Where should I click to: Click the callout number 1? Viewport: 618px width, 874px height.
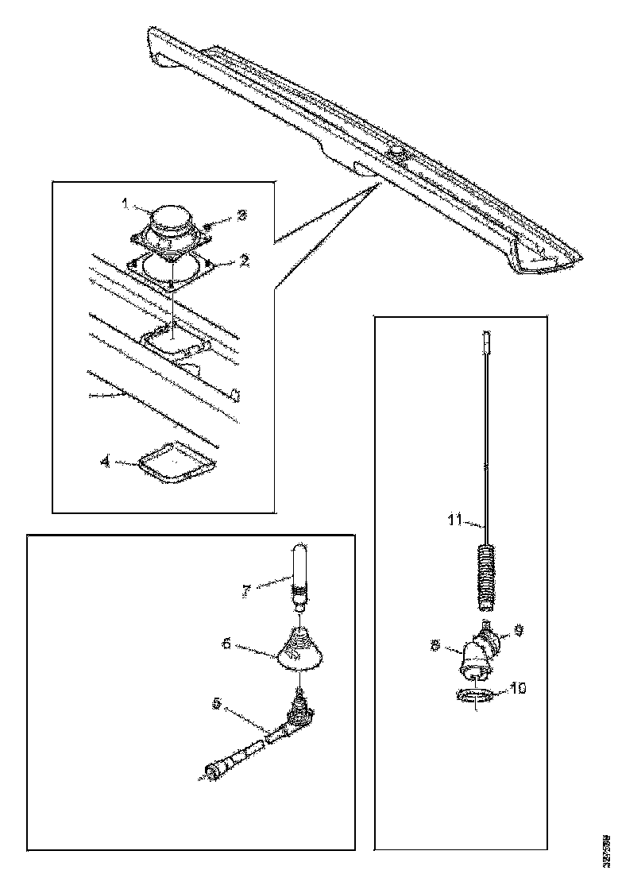(x=125, y=203)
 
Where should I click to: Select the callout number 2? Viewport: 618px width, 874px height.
(x=245, y=260)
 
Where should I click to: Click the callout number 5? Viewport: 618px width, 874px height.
(x=216, y=702)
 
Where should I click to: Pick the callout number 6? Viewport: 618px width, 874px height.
(x=226, y=644)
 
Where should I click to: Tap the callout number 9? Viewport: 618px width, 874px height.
(x=518, y=630)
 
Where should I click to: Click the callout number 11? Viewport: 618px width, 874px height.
(x=454, y=520)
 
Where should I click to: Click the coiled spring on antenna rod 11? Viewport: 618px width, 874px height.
(x=486, y=574)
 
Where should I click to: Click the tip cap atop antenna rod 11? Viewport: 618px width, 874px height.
(x=485, y=342)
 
